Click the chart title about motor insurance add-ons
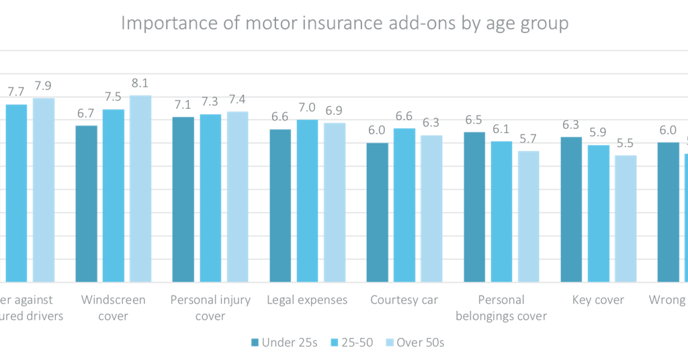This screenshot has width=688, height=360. [x=344, y=24]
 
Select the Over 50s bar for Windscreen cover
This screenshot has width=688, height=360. [x=140, y=188]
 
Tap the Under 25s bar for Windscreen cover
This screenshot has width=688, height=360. [x=87, y=203]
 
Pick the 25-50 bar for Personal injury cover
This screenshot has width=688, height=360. [x=210, y=197]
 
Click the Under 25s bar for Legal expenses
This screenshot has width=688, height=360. [x=281, y=205]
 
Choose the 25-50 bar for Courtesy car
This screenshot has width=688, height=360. [x=404, y=204]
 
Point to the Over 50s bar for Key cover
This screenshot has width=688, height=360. [x=626, y=218]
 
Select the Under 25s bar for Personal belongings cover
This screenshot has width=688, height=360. [x=475, y=206]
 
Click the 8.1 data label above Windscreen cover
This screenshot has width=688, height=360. [x=140, y=83]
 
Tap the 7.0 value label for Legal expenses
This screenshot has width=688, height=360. [x=307, y=107]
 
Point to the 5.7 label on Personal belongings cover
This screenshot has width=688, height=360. [x=528, y=138]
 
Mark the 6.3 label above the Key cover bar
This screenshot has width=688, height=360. [x=571, y=124]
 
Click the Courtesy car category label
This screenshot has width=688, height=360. [x=404, y=300]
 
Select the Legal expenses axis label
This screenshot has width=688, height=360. [x=307, y=300]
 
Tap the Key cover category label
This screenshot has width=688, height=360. [x=598, y=300]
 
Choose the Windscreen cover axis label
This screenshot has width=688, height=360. [x=113, y=308]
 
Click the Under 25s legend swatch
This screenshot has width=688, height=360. [x=255, y=343]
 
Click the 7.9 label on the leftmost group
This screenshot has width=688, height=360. [x=43, y=85]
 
